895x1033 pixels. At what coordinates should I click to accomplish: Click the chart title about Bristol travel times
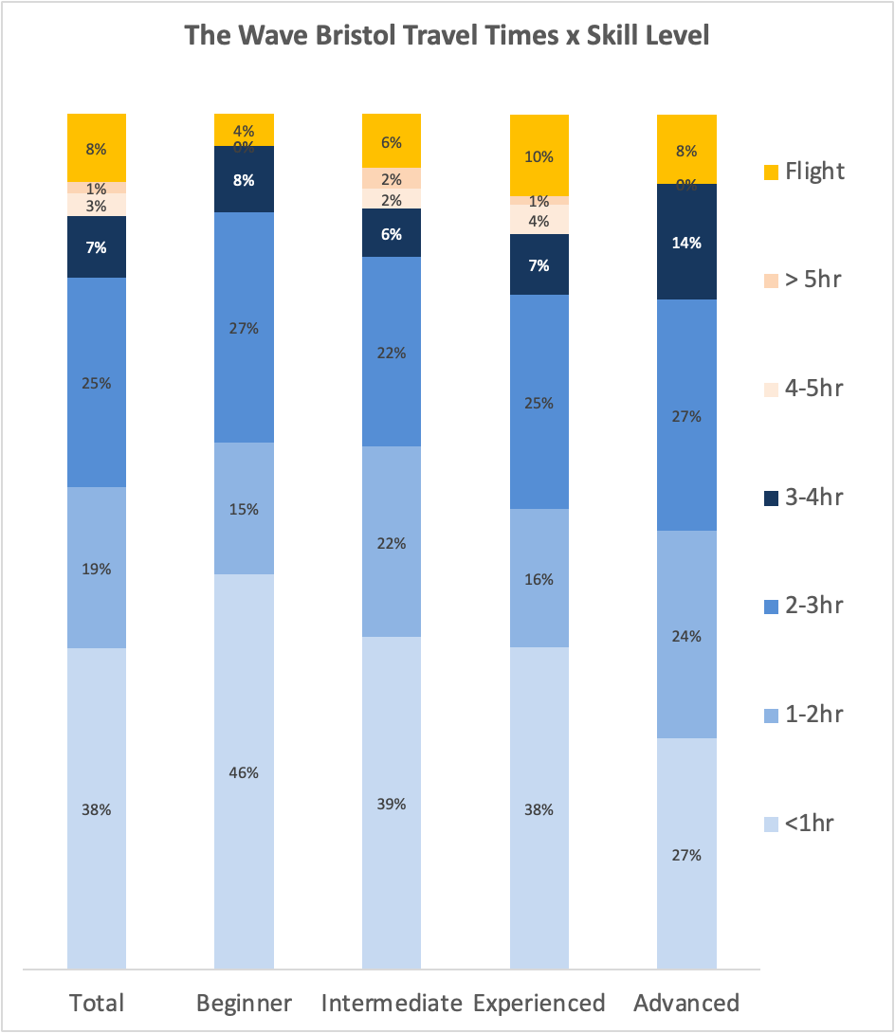[x=447, y=36]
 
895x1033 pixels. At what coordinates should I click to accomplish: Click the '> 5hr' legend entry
[x=802, y=280]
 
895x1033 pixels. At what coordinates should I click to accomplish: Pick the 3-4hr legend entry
[x=803, y=497]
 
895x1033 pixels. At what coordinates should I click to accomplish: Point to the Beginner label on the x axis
[x=244, y=1003]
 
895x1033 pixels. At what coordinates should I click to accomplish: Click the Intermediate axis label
[x=392, y=1003]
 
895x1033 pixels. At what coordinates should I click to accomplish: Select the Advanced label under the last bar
[x=686, y=1003]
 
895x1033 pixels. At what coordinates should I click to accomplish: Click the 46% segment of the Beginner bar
[x=244, y=771]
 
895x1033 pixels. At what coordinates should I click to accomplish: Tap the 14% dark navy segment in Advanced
[x=687, y=242]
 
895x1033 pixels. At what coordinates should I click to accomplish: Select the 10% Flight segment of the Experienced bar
[x=539, y=156]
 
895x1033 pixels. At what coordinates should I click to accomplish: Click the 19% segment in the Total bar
[x=97, y=569]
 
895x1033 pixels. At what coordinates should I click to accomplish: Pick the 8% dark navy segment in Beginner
[x=244, y=179]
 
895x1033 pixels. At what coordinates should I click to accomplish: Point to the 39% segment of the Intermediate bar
[x=392, y=803]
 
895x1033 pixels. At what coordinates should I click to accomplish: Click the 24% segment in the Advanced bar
[x=687, y=635]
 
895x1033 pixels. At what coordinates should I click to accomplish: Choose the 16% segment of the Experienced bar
[x=539, y=578]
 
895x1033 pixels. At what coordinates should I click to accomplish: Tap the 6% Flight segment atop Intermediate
[x=392, y=142]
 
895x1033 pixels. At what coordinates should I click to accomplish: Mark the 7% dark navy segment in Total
[x=97, y=247]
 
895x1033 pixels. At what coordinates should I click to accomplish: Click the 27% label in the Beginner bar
[x=244, y=329]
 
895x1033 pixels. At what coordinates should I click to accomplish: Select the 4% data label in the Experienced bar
[x=539, y=222]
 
